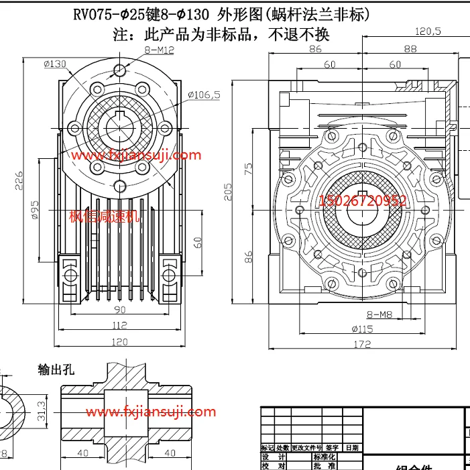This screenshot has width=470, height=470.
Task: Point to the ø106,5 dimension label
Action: pyautogui.click(x=204, y=95)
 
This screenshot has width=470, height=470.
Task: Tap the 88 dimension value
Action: pyautogui.click(x=410, y=48)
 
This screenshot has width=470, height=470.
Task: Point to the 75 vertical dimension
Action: pyautogui.click(x=249, y=168)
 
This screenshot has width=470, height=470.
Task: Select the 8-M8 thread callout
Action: pyautogui.click(x=379, y=314)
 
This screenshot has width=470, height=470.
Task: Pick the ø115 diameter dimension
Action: pyautogui.click(x=362, y=329)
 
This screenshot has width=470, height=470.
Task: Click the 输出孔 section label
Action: pyautogui.click(x=54, y=370)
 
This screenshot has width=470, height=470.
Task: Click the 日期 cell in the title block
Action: pyautogui.click(x=351, y=447)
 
